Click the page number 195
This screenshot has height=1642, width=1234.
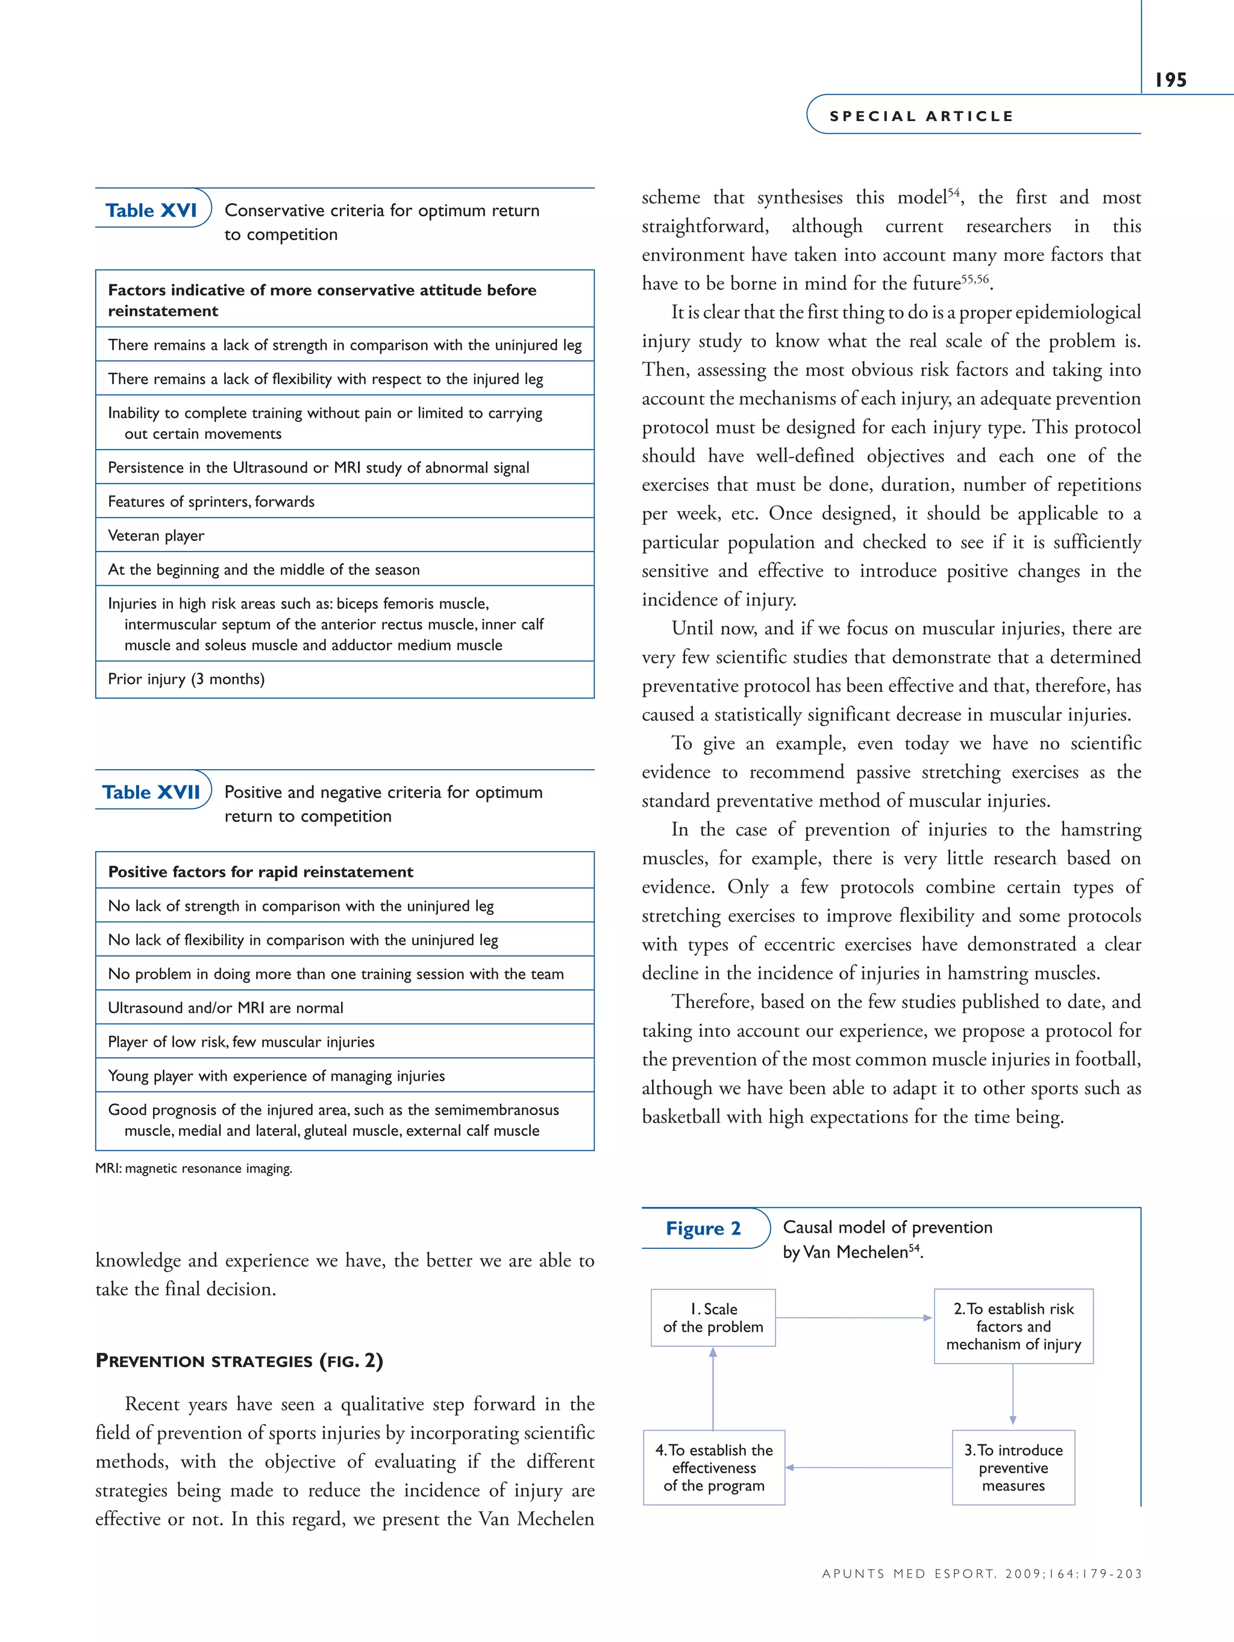(1170, 80)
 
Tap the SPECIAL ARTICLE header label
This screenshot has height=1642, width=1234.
(921, 116)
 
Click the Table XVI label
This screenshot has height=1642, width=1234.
(151, 211)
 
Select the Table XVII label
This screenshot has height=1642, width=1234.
(151, 792)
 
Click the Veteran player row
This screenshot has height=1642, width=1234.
(344, 535)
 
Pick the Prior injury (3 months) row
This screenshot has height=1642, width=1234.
(344, 679)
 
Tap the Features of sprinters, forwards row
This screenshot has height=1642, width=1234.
(344, 501)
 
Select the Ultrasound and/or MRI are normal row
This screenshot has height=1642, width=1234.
(344, 1007)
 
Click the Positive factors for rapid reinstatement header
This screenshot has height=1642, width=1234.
(344, 872)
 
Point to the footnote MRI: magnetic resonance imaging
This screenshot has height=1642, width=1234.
(193, 1168)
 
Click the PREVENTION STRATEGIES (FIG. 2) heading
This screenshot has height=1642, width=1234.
(239, 1360)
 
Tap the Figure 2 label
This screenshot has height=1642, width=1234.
(703, 1228)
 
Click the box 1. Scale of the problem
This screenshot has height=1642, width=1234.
(712, 1318)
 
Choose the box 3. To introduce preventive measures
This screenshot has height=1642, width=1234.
(1013, 1468)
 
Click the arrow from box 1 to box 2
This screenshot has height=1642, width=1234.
(853, 1318)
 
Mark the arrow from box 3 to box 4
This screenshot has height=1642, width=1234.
(868, 1468)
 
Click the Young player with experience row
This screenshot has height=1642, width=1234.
(344, 1075)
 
